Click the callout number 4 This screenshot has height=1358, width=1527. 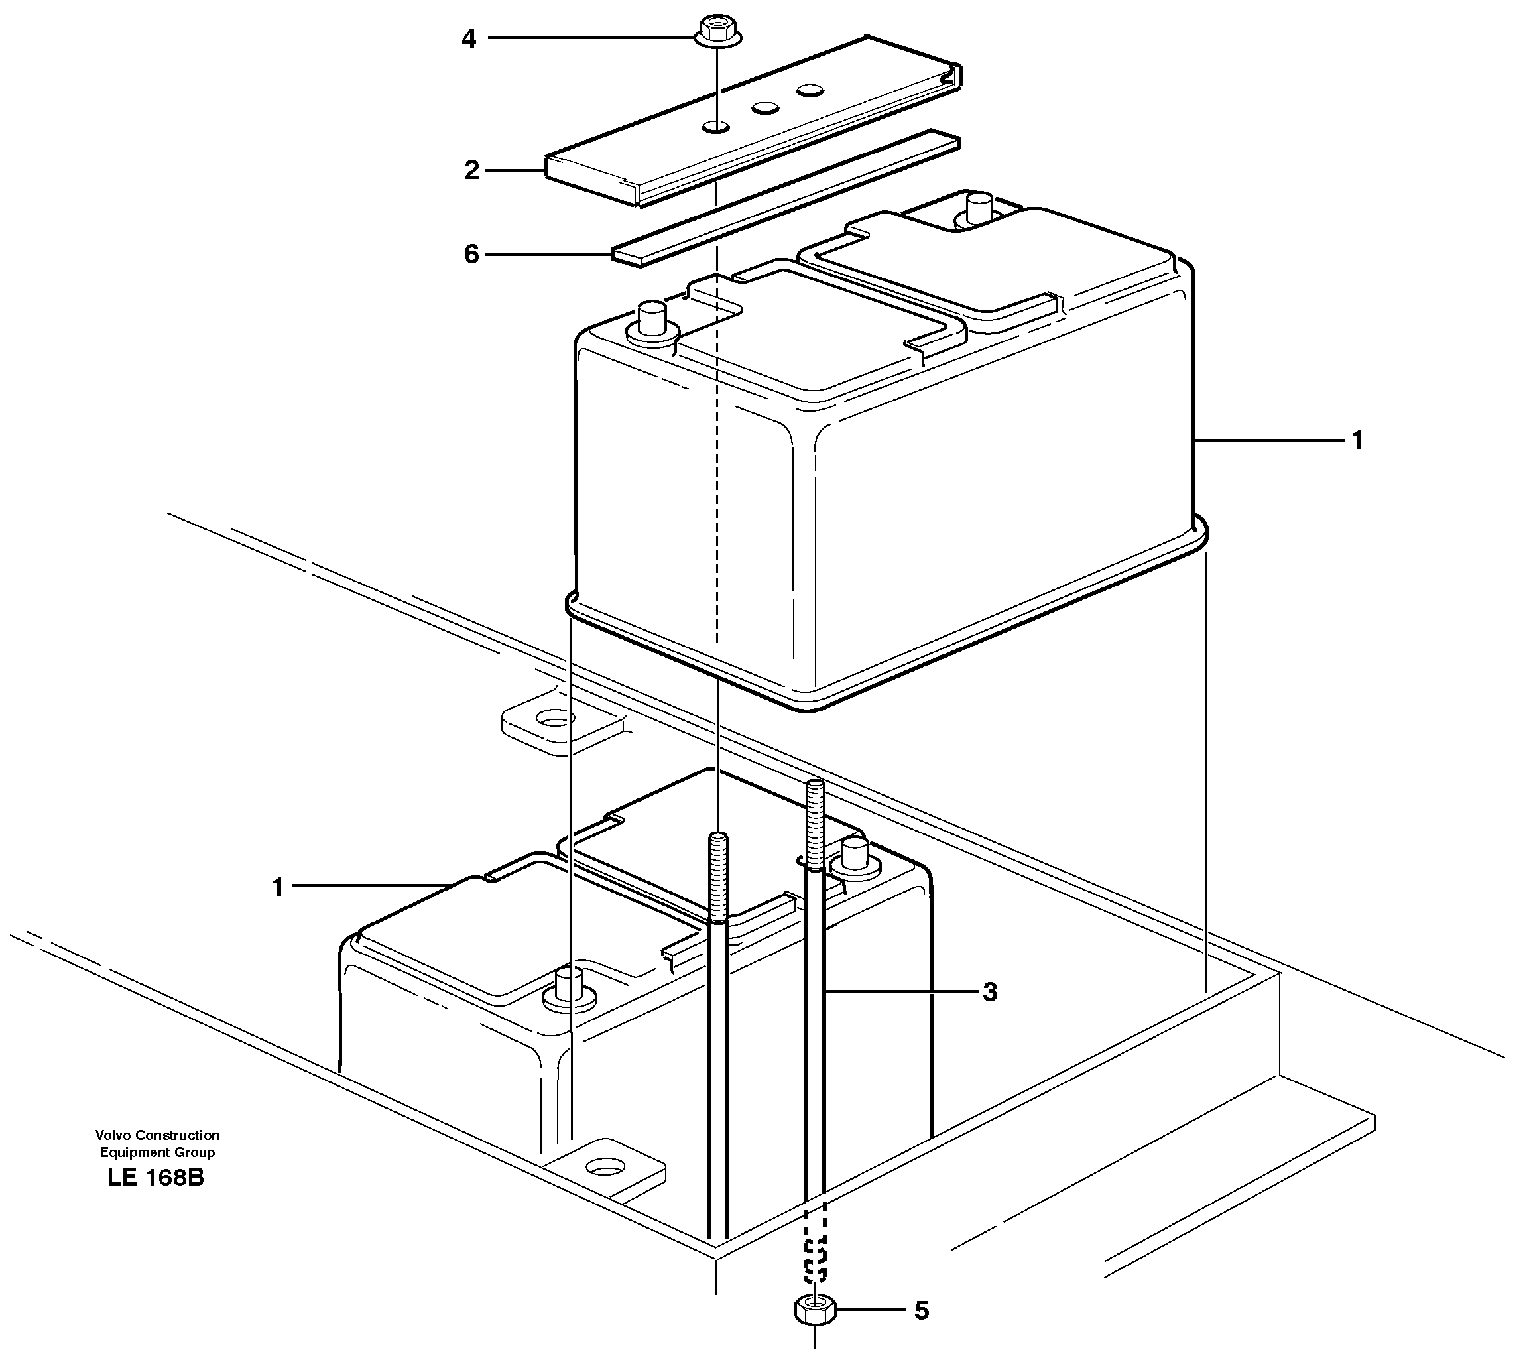coord(468,39)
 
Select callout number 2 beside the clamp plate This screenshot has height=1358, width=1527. coord(471,171)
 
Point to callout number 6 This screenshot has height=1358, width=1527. coord(471,255)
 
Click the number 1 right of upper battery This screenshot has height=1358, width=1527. coord(1357,441)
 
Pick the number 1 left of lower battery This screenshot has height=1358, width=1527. coord(278,888)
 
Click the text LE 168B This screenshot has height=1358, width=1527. coord(155,1178)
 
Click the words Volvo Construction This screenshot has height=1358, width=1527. coord(157,1135)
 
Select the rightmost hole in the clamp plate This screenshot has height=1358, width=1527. coord(809,90)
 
